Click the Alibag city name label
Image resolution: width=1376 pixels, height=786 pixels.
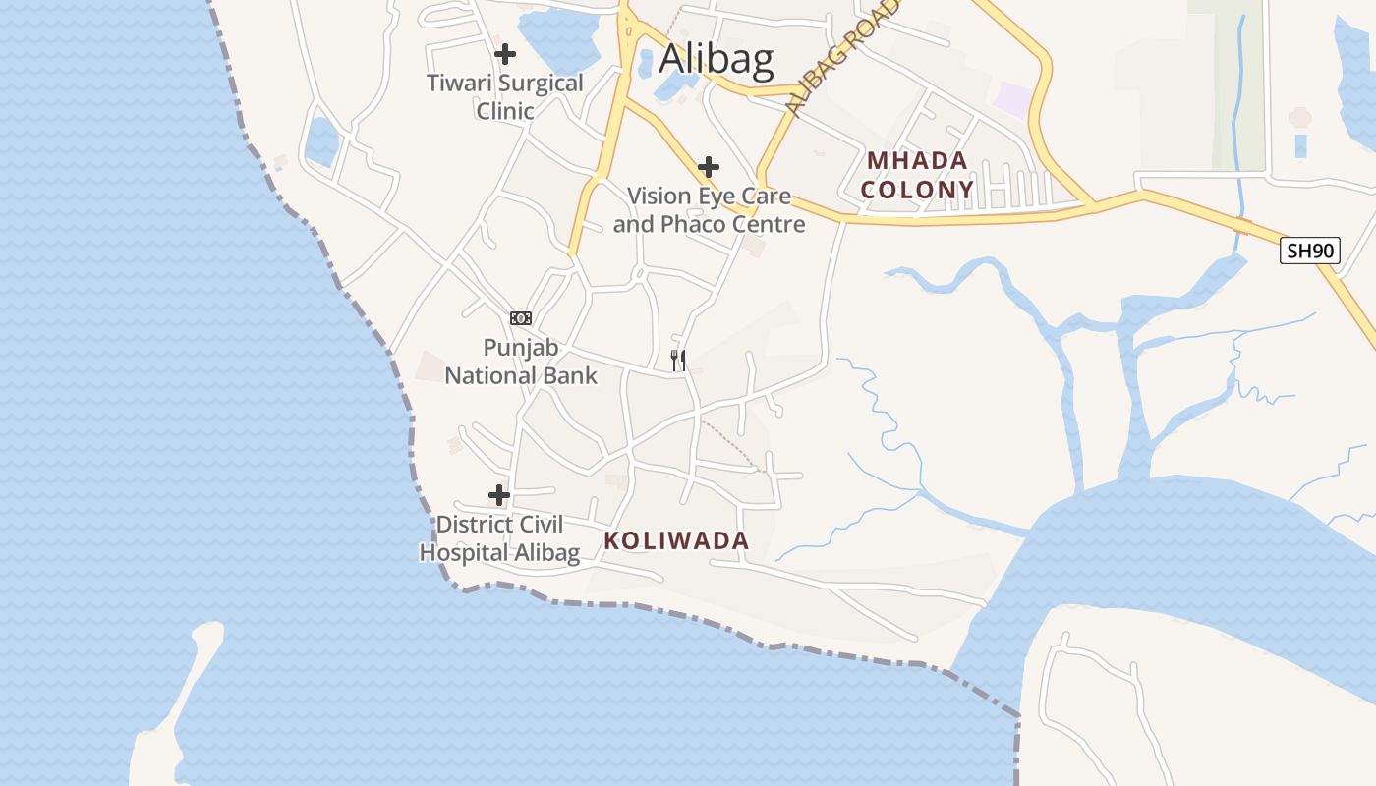[716, 59]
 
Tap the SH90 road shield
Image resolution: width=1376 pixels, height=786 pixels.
[1310, 251]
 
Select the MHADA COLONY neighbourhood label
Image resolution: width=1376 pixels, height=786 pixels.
[919, 175]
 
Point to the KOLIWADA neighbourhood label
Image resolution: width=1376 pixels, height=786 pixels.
[676, 540]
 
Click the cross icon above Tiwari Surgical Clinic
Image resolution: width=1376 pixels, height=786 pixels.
[505, 54]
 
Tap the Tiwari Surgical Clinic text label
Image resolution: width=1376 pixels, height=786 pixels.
[505, 96]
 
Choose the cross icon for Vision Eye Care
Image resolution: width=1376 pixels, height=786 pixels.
[708, 167]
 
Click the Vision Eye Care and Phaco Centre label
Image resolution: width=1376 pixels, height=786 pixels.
[709, 210]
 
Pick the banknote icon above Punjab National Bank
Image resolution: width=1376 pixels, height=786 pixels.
[521, 317]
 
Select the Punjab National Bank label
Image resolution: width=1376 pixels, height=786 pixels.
[521, 361]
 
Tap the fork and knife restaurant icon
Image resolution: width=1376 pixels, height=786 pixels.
[678, 360]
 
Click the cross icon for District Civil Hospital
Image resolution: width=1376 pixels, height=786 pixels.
[499, 494]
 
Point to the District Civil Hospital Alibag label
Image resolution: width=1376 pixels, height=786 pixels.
[499, 538]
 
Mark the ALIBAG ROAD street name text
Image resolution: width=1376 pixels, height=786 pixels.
[842, 59]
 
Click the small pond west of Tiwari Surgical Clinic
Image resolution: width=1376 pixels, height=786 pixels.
[321, 140]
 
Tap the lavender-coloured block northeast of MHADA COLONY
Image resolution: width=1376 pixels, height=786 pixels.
[1013, 98]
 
